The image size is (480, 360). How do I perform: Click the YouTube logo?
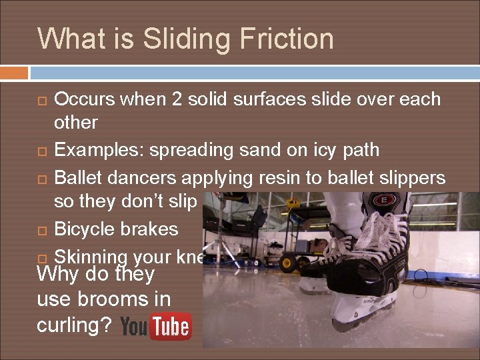click(156, 327)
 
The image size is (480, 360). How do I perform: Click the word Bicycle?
click(85, 229)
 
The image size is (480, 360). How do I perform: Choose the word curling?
click(72, 327)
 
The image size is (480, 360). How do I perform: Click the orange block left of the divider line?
click(14, 72)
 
